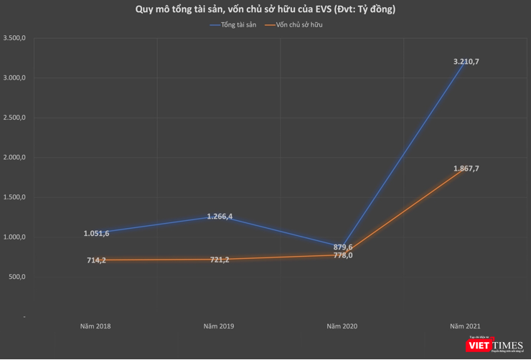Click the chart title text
click(x=265, y=9)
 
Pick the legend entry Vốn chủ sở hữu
click(x=299, y=25)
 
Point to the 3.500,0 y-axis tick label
click(x=14, y=38)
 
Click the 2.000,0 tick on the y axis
click(x=14, y=158)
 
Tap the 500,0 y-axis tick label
click(x=17, y=277)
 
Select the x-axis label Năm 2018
click(x=95, y=326)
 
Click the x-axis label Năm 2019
click(x=218, y=326)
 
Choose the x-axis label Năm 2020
click(x=342, y=326)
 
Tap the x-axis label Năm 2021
click(x=465, y=326)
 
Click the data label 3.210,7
click(x=466, y=62)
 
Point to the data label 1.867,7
click(x=466, y=169)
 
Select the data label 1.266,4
click(x=220, y=216)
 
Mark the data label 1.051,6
click(x=96, y=233)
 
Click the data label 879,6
click(x=343, y=247)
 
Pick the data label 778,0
click(x=343, y=255)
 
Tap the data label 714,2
click(x=96, y=260)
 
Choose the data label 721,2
click(x=220, y=260)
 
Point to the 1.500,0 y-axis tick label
click(x=14, y=197)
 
